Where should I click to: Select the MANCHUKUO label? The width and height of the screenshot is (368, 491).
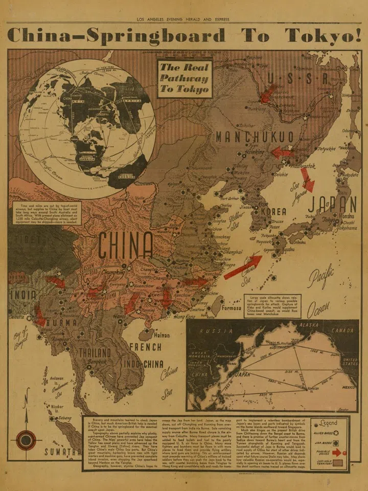point(255,137)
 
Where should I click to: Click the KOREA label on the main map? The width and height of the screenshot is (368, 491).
point(273,211)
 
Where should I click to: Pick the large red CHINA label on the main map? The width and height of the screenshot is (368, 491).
point(126,246)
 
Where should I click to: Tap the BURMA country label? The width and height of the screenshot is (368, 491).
point(62,323)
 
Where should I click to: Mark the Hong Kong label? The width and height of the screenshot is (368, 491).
point(185,317)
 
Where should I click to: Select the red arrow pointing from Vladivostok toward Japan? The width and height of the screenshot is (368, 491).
point(307,180)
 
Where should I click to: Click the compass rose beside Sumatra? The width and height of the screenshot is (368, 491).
point(25,440)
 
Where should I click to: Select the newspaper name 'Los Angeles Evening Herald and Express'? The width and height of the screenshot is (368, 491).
point(183,19)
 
